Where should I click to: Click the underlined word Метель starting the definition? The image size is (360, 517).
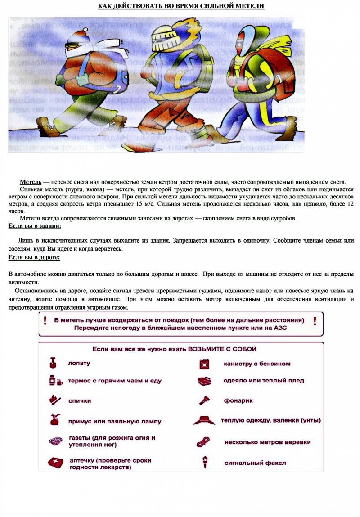(x=31, y=182)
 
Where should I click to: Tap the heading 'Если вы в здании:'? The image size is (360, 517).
(x=35, y=225)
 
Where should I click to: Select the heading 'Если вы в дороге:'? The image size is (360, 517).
(x=34, y=257)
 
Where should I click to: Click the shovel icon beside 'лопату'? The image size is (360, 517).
(x=54, y=363)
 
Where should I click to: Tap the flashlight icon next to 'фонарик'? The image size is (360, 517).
(x=203, y=400)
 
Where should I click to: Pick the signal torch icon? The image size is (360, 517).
(x=204, y=462)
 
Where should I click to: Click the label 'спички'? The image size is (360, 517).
(x=80, y=400)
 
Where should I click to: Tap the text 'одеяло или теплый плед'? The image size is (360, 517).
(x=263, y=380)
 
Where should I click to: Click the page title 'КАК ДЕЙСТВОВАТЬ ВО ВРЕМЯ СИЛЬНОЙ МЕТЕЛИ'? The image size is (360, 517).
(x=181, y=6)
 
